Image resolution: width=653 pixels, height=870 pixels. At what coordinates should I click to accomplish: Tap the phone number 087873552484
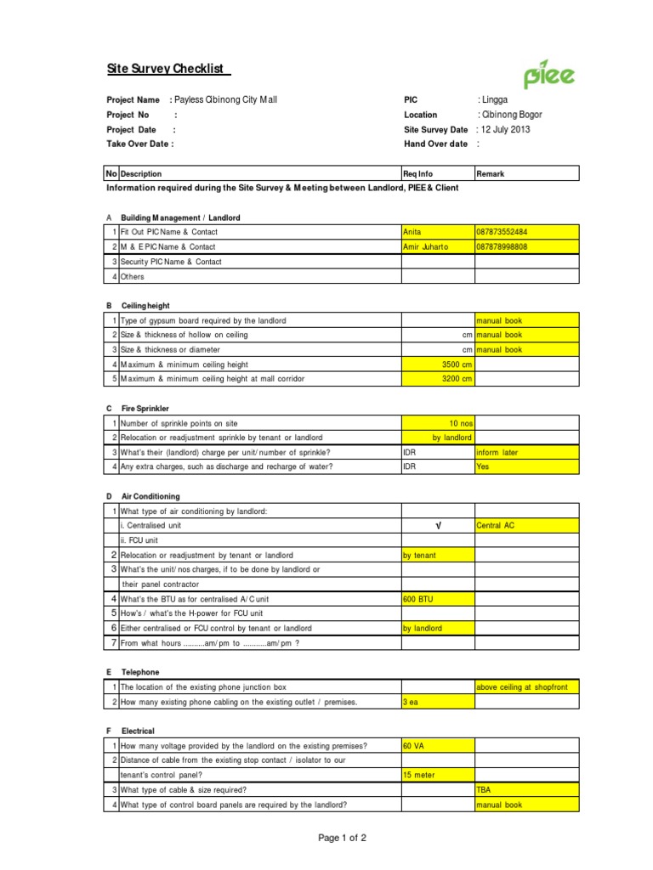(507, 232)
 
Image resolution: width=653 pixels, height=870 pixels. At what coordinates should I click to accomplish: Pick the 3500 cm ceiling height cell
(438, 364)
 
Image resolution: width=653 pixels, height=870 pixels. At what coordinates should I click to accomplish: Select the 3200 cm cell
(438, 378)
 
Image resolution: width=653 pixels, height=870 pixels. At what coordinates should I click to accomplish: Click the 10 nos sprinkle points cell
(438, 422)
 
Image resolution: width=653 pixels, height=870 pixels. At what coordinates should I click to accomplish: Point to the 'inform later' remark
(497, 452)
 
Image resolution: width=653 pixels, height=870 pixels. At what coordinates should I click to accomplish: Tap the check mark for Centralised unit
(438, 525)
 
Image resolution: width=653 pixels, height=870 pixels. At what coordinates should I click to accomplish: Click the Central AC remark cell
(497, 525)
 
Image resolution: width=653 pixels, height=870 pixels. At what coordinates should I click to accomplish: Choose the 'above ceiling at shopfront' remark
(526, 686)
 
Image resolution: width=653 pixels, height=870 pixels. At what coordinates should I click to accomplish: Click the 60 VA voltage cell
(416, 746)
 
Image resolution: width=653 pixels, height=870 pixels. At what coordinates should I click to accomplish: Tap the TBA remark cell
(485, 789)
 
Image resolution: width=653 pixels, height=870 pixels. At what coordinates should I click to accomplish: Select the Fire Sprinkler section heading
(145, 408)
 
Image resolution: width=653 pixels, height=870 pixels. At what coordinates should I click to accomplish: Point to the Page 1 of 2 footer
(343, 839)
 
